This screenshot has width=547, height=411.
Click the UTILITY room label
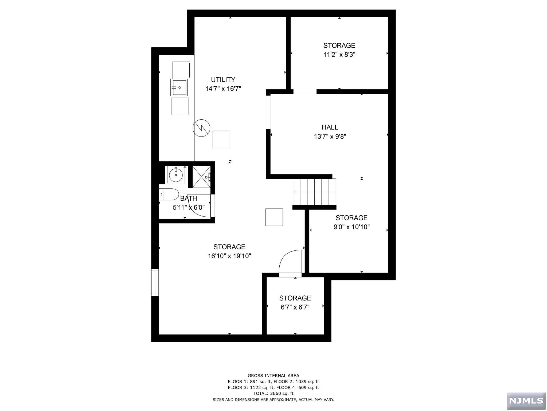point(223,80)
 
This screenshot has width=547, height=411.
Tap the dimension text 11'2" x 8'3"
point(339,55)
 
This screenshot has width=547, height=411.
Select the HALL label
point(330,127)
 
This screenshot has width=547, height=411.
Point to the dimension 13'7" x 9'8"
point(330,137)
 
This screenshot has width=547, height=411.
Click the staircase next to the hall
point(314,192)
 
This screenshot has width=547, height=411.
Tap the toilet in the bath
point(169,194)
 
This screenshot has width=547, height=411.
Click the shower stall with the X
point(201,177)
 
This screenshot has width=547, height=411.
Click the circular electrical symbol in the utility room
point(201,128)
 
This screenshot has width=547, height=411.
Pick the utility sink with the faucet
point(179,87)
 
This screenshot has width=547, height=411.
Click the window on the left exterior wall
point(155,282)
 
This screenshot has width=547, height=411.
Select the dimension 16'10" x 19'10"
point(229,256)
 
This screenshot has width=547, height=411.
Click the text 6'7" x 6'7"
point(295,307)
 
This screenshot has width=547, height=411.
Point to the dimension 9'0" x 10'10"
point(351,227)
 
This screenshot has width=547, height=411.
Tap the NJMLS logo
point(526,400)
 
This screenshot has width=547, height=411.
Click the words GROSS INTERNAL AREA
point(273,376)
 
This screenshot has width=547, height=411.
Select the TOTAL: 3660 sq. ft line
point(273,393)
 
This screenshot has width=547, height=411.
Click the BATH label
point(189,199)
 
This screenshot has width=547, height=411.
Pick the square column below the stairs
point(274,217)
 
